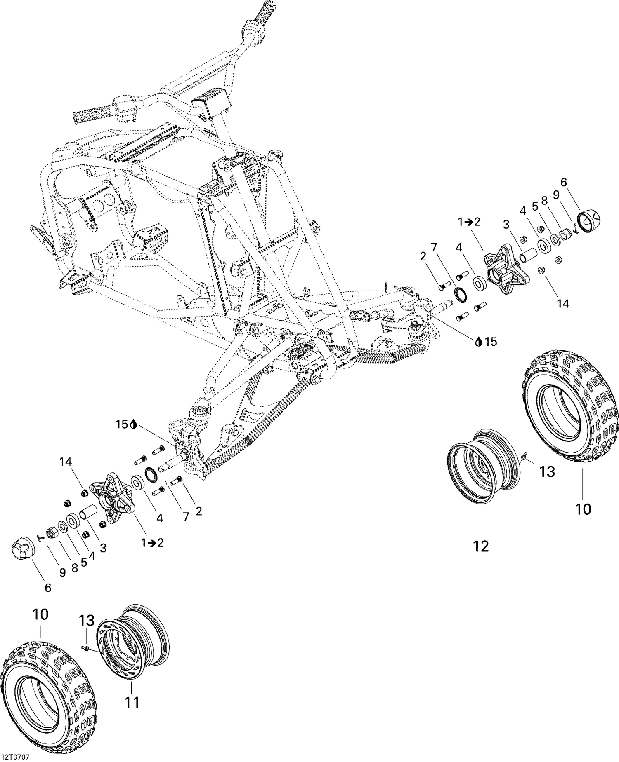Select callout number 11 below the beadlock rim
(x=132, y=702)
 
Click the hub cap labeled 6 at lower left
(x=23, y=548)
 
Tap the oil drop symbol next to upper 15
(x=479, y=342)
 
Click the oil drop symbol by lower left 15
(x=133, y=424)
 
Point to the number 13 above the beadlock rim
(x=87, y=620)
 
